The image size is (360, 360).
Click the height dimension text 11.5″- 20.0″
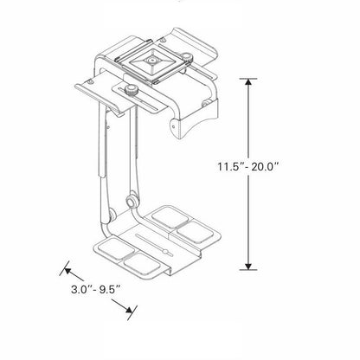pos(248,167)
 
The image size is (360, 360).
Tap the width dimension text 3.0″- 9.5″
pos(95,289)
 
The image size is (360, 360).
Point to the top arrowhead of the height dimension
pos(248,81)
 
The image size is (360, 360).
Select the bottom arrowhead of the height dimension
pos(248,267)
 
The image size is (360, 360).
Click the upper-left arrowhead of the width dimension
pos(67,271)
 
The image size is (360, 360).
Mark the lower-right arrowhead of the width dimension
pos(129,310)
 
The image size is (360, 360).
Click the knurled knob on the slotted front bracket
pos(131,89)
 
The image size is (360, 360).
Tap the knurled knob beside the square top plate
pos(188,57)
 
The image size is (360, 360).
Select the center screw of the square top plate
pos(151,61)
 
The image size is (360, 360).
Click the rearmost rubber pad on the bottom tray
pos(170,216)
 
